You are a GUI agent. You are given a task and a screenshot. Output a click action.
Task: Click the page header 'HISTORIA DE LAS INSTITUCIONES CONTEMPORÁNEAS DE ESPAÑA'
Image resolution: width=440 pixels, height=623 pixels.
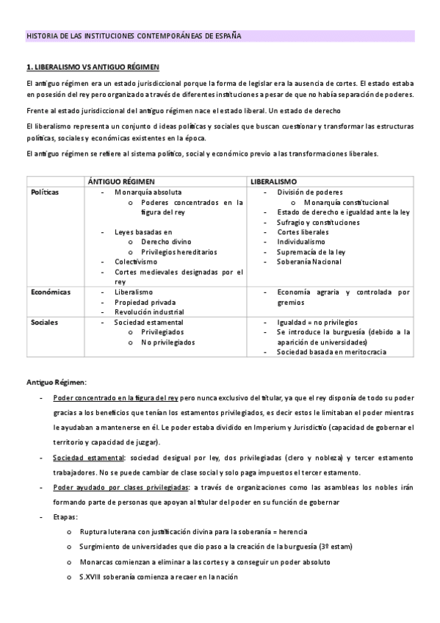point(134,35)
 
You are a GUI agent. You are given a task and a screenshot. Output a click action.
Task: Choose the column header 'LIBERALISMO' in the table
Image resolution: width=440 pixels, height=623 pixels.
point(273,181)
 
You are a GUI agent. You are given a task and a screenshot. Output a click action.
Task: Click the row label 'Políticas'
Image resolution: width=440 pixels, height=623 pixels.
point(45,192)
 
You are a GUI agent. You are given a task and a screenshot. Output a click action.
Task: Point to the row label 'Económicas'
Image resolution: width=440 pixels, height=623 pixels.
point(51,292)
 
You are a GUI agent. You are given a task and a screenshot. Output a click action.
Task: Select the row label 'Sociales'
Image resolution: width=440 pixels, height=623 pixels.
point(44,322)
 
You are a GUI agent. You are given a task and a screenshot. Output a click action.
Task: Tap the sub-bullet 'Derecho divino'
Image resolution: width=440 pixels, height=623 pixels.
point(166,242)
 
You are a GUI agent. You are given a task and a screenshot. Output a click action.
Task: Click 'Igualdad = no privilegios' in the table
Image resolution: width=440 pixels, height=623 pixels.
point(317,322)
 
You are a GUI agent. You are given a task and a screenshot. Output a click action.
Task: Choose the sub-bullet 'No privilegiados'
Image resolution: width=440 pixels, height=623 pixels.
point(169,342)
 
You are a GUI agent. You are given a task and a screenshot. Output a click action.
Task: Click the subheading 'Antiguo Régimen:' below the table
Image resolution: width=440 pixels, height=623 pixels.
point(57,382)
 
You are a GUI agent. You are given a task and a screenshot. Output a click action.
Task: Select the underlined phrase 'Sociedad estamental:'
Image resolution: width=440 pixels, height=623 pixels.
point(84,457)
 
